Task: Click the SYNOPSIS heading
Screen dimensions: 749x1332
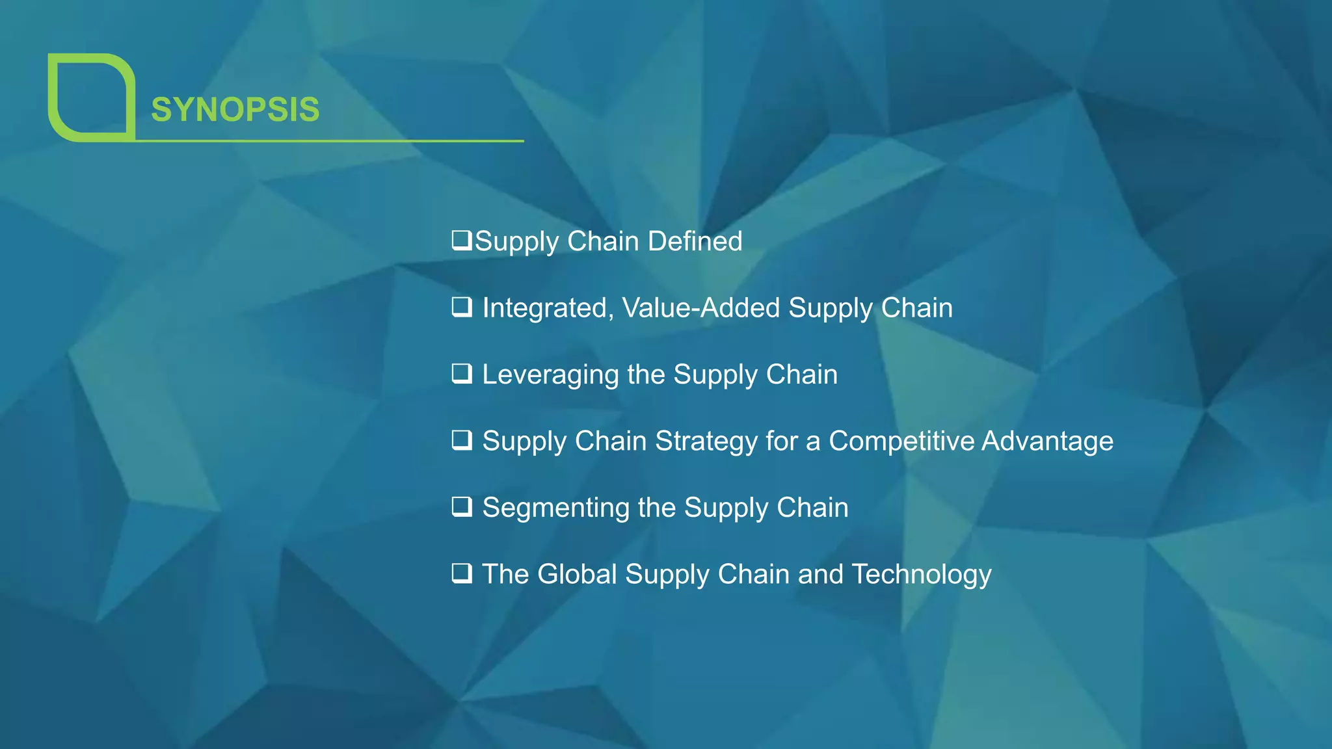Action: coord(235,109)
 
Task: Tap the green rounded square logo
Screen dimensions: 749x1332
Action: coord(91,98)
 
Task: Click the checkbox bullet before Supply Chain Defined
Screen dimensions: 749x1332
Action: coord(462,240)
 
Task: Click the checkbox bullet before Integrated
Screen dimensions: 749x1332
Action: coord(462,307)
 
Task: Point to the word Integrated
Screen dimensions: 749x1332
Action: coord(548,308)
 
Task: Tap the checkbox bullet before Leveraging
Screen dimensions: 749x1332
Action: coord(462,373)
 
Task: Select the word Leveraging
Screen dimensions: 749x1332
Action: coord(550,375)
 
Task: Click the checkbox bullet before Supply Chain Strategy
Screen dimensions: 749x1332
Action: coord(462,440)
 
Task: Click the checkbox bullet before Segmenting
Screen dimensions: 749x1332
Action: coord(462,506)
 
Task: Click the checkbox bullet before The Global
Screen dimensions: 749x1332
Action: coord(462,573)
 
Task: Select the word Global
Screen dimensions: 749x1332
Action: coord(577,574)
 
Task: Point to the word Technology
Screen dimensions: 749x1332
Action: coord(922,575)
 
